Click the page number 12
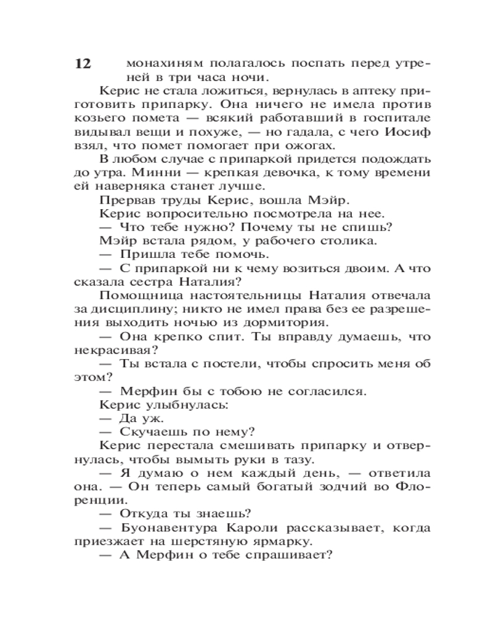tap(83, 64)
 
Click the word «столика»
tap(344, 241)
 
